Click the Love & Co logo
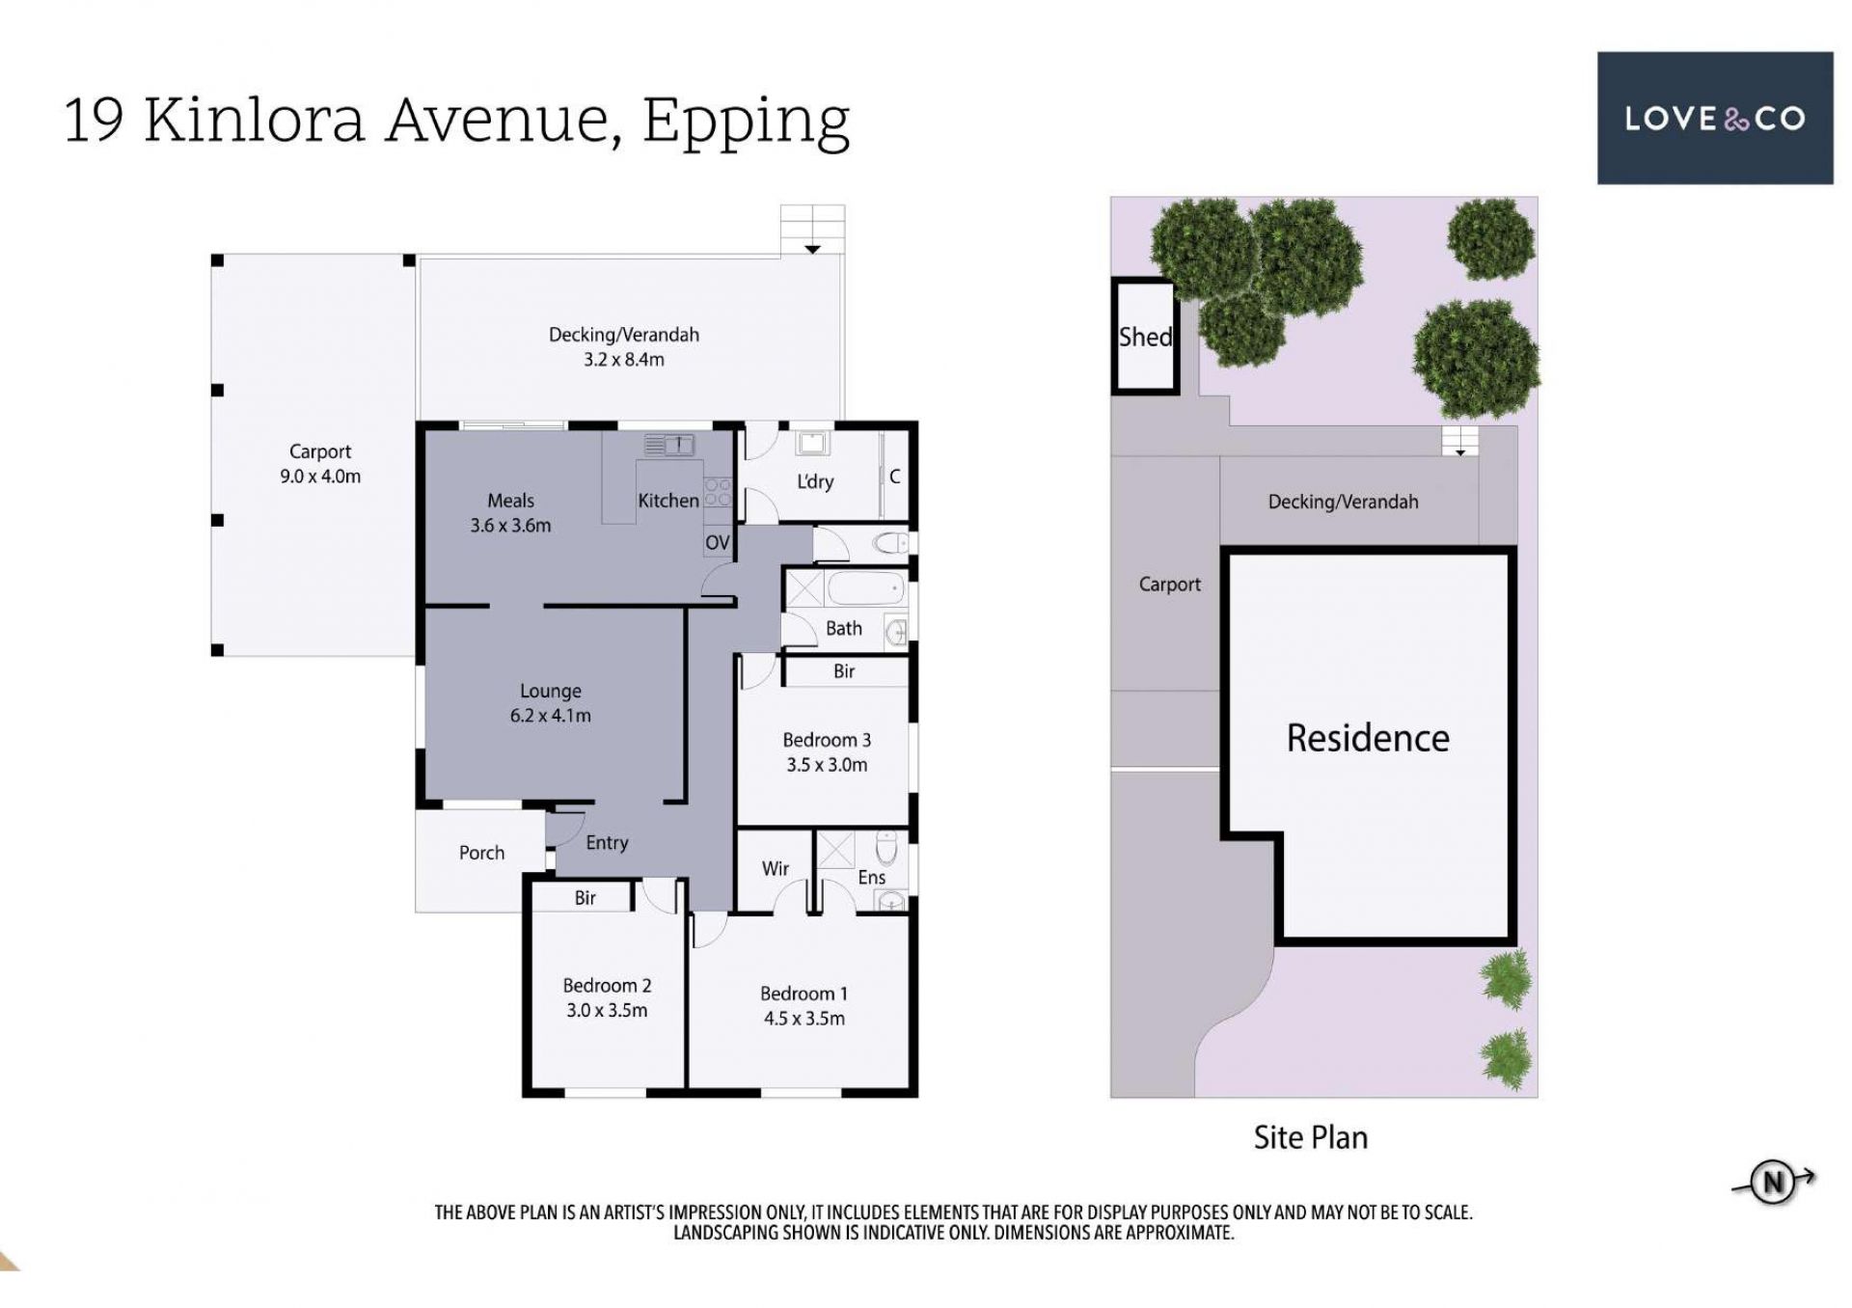[x=1715, y=118]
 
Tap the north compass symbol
[x=1773, y=1182]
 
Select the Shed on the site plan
[x=1146, y=337]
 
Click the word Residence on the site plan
[x=1368, y=738]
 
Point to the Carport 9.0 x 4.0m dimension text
[x=320, y=477]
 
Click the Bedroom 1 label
[x=803, y=994]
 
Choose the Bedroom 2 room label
[x=607, y=986]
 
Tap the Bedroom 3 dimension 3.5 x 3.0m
[x=827, y=765]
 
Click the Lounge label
[x=551, y=691]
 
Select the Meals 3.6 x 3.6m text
[x=510, y=513]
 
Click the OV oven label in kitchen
[x=717, y=543]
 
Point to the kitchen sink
[x=668, y=445]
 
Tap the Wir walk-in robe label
[x=776, y=869]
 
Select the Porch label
[x=481, y=853]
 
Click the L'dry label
[x=815, y=481]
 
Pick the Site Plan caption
[x=1310, y=1137]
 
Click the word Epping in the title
[x=746, y=122]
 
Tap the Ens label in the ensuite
[x=871, y=877]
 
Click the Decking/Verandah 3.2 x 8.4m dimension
[x=623, y=360]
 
